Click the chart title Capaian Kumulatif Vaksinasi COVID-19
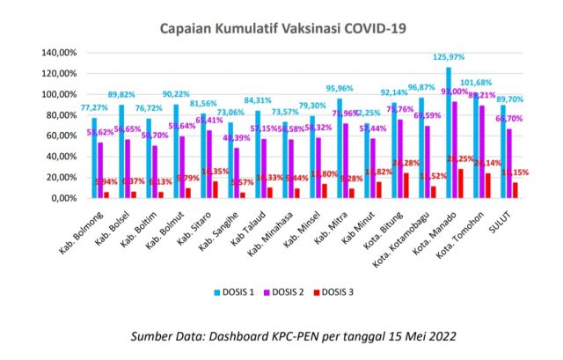pyautogui.click(x=281, y=28)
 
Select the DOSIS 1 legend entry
pyautogui.click(x=238, y=291)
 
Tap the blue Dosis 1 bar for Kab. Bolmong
pyautogui.click(x=93, y=158)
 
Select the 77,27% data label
pyautogui.click(x=93, y=108)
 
